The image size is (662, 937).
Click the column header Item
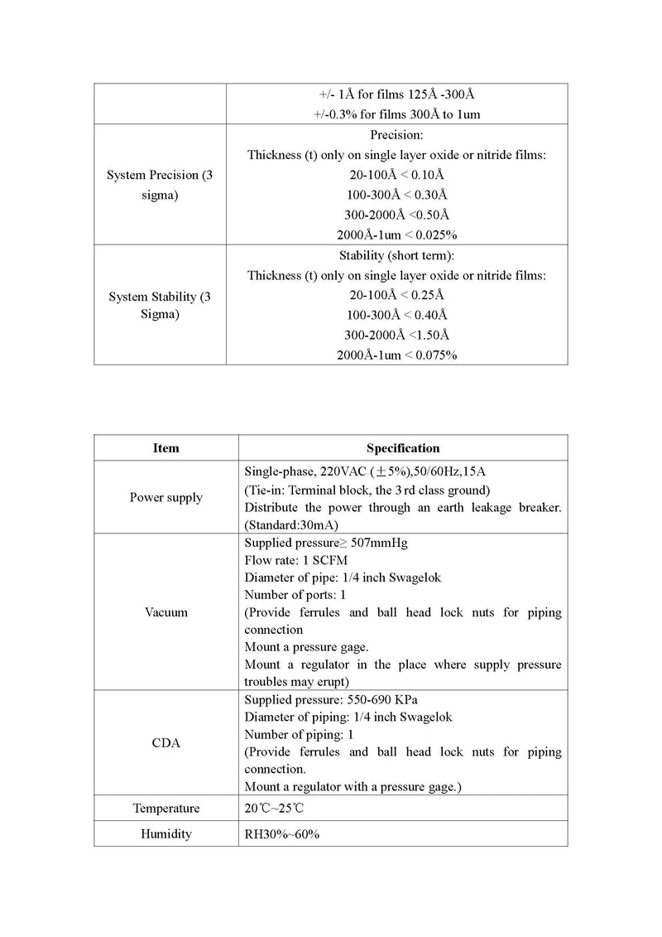click(x=165, y=448)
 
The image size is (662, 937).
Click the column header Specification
click(x=403, y=448)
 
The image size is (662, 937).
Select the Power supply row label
click(x=165, y=498)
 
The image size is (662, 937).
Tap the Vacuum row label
click(x=165, y=612)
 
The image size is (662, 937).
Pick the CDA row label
click(x=165, y=743)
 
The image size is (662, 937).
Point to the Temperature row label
click(x=165, y=808)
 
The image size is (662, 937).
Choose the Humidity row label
click(x=165, y=833)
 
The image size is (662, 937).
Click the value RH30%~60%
click(x=281, y=833)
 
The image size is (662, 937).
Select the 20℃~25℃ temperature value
click(x=279, y=808)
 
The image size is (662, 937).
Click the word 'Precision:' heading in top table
click(x=397, y=135)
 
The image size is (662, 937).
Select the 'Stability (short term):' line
click(x=397, y=255)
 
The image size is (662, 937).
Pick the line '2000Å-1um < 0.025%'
click(x=397, y=235)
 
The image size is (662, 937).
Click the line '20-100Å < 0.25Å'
click(x=397, y=295)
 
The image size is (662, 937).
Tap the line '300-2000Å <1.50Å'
click(x=397, y=335)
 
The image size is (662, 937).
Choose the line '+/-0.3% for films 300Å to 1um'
click(x=397, y=114)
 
